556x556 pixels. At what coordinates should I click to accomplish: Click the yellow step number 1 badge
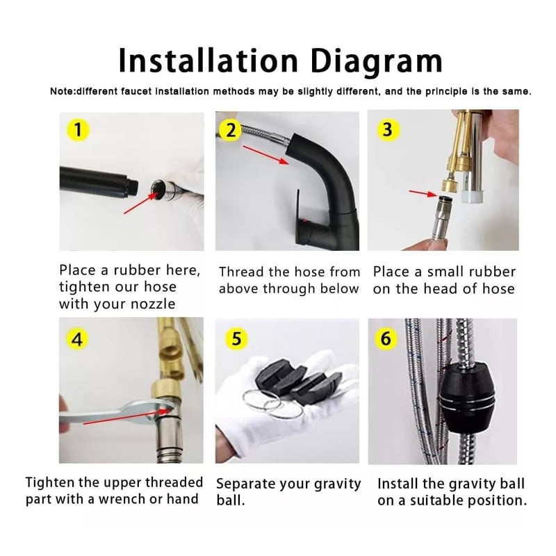[x=78, y=129]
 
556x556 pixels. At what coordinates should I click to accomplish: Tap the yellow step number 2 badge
[x=231, y=130]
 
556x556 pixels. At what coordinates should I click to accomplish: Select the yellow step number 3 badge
[x=388, y=129]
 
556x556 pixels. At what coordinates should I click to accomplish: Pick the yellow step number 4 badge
[x=77, y=340]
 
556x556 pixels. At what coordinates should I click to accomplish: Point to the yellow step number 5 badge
[x=236, y=338]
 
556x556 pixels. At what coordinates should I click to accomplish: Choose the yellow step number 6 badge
[x=386, y=338]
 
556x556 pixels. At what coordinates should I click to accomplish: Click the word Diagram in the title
[x=377, y=61]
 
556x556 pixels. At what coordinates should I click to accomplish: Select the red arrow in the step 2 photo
[x=266, y=154]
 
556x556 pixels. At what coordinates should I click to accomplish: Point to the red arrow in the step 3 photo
[x=424, y=193]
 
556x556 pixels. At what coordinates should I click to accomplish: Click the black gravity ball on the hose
[x=467, y=397]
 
